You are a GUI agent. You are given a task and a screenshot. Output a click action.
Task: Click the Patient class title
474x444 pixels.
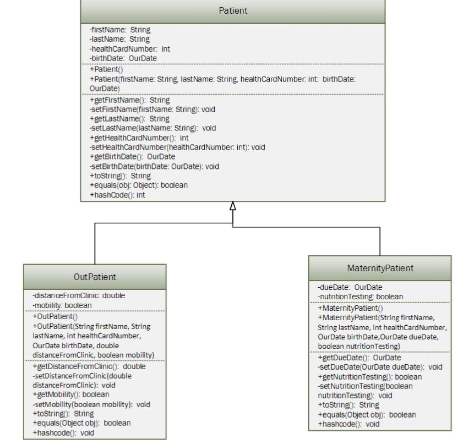tap(233, 10)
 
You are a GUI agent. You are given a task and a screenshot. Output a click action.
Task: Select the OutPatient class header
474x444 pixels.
tap(95, 277)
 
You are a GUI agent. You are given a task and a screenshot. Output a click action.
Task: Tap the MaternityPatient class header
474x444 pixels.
tap(380, 268)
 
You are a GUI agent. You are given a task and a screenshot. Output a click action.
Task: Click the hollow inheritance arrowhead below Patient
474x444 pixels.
tap(233, 206)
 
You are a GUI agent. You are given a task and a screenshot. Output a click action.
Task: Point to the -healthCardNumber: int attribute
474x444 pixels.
tap(129, 49)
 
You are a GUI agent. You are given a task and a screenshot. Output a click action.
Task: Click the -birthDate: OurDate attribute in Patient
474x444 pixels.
tap(123, 58)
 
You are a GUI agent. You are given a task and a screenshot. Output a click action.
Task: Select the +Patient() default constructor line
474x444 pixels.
tap(106, 70)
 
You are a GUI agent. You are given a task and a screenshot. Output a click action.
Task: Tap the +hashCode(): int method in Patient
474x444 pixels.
tap(117, 194)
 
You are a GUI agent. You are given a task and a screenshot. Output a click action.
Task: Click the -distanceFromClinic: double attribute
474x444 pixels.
tap(79, 295)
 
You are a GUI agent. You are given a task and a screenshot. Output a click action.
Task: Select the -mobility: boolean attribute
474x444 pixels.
tap(62, 305)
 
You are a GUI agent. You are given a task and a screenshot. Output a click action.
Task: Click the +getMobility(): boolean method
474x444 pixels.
tap(71, 394)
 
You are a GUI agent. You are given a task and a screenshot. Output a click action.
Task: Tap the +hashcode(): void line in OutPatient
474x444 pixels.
tap(64, 432)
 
